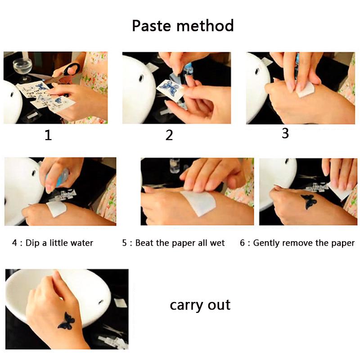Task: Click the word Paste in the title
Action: [152, 26]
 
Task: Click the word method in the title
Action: [205, 26]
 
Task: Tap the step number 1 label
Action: [48, 135]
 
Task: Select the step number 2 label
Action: [169, 135]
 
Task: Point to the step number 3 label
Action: [285, 133]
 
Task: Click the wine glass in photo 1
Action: [22, 68]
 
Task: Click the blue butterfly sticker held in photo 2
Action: [171, 88]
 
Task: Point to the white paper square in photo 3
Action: [306, 90]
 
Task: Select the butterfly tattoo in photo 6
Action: [309, 201]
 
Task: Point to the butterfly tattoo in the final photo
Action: [66, 321]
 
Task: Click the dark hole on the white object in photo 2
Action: [141, 79]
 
